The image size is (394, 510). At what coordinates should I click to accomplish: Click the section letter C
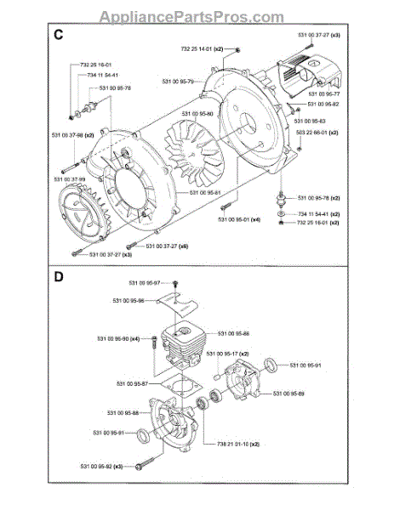[x=58, y=37]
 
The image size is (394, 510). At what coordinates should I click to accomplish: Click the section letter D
[x=58, y=276]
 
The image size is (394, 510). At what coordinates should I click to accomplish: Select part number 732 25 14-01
[x=202, y=50]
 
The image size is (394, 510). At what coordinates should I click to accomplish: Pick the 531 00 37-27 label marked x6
[x=167, y=246]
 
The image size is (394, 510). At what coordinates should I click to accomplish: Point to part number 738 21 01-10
[x=220, y=444]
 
